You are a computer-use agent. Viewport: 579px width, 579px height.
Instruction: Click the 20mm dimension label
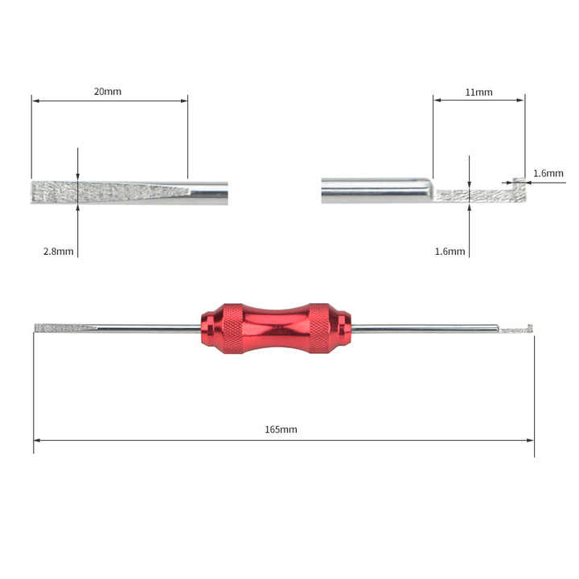tap(108, 92)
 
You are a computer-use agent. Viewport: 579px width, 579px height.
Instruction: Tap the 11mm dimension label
tap(478, 92)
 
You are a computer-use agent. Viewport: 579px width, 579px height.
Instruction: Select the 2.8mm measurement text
tap(59, 251)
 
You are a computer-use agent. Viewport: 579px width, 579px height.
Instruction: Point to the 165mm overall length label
tap(281, 429)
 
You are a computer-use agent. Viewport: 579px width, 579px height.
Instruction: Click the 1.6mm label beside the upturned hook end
tap(548, 173)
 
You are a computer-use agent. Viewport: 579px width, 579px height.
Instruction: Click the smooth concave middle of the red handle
tap(276, 328)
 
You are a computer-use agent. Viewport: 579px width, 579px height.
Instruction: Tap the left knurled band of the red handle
tap(231, 328)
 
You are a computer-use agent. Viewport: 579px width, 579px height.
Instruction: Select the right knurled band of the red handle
tap(319, 328)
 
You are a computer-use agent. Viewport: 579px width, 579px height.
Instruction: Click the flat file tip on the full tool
tap(64, 328)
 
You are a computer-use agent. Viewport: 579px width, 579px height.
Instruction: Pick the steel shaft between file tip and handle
tap(149, 328)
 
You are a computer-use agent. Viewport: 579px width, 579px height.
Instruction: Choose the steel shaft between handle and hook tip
tap(426, 328)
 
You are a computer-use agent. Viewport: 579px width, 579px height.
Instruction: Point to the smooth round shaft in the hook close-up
tap(374, 190)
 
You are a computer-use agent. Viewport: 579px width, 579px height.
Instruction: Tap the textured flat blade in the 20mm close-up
tap(105, 191)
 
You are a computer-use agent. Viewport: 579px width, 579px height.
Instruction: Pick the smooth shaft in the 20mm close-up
tap(208, 192)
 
